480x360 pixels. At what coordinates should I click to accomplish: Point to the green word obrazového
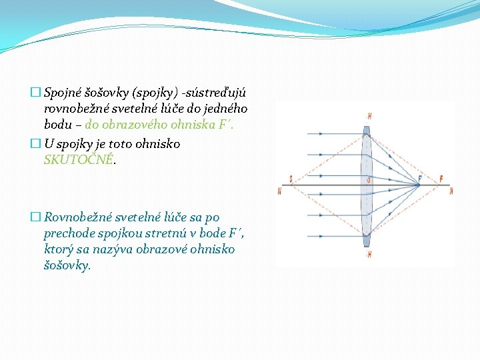138,124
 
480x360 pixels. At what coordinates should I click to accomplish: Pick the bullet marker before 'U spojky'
35,144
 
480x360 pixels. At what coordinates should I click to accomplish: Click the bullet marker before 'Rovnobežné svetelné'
35,217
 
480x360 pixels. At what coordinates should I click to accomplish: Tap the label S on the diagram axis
291,179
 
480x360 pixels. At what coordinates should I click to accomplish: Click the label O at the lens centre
369,179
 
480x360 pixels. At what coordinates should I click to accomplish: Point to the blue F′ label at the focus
419,179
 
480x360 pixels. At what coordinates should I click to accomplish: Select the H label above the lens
369,116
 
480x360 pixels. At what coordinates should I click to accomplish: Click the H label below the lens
369,254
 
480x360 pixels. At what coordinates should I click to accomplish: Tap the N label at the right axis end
451,191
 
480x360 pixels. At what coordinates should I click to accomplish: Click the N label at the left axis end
279,191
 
